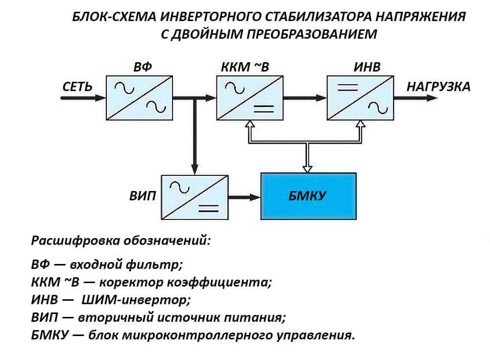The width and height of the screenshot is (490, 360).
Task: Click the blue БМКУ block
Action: coord(308,196)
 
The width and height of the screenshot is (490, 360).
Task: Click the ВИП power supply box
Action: coord(195,196)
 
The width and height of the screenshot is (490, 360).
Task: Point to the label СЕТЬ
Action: coord(77,87)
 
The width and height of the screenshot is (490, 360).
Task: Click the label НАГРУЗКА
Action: coord(438,87)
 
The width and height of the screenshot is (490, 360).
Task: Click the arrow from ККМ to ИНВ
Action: coord(305,97)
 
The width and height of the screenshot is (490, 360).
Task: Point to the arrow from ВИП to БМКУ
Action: coord(244,197)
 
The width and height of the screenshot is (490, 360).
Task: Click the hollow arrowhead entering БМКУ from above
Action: coord(308,168)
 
